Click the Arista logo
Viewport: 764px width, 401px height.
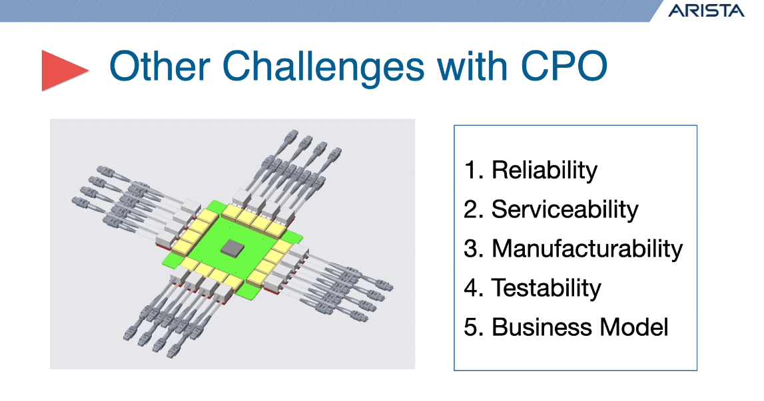pos(706,11)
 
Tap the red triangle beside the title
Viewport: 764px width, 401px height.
pos(65,70)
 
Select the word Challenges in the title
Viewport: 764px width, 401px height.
pos(323,67)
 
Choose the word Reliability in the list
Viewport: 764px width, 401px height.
pos(544,170)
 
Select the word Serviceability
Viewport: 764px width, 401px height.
pos(565,209)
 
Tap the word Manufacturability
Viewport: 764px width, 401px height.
pos(587,249)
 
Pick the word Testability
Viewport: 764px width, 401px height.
pos(546,288)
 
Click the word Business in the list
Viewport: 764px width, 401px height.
pos(542,327)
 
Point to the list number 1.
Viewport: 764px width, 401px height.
pos(473,170)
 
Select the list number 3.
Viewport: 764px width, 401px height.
pos(473,249)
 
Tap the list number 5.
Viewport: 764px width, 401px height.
pos(473,327)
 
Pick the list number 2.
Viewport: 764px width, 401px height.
pos(473,209)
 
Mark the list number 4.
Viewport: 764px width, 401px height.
pos(473,288)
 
